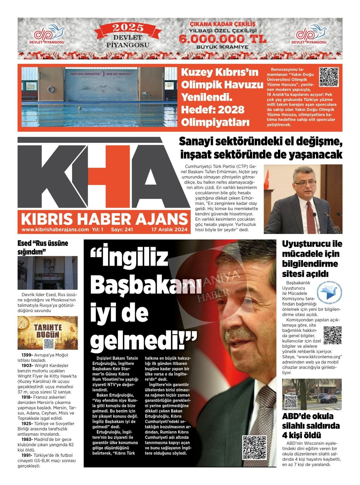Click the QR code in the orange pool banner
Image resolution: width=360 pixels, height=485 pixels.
(x=328, y=77)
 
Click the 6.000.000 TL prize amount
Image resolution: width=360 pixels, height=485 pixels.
(x=223, y=39)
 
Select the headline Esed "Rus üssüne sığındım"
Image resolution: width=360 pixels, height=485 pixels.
(x=43, y=247)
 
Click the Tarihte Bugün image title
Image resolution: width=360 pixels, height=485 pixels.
(x=48, y=330)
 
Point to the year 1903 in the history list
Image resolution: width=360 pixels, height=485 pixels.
(x=27, y=365)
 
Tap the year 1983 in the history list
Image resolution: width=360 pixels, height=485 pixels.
(x=27, y=439)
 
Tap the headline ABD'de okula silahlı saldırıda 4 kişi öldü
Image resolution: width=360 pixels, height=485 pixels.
(x=311, y=425)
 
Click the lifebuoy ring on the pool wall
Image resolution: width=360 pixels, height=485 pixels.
(x=51, y=89)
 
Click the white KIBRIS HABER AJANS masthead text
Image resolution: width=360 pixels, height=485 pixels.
(x=104, y=219)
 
